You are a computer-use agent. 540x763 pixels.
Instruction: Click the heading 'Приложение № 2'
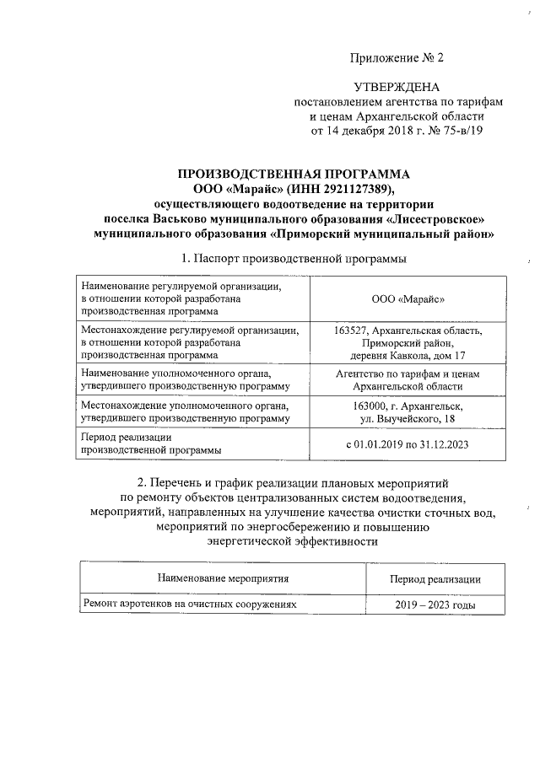(396, 58)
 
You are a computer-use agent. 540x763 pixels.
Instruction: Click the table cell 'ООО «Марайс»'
(408, 299)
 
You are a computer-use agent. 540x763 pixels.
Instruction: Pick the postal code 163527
(353, 330)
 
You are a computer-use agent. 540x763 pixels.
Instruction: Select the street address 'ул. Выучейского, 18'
(408, 417)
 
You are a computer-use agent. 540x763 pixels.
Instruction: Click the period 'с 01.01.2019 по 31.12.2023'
(408, 443)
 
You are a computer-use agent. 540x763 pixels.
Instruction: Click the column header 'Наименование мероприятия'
(223, 579)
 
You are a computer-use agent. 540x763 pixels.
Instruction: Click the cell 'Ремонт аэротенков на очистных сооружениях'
(190, 604)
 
